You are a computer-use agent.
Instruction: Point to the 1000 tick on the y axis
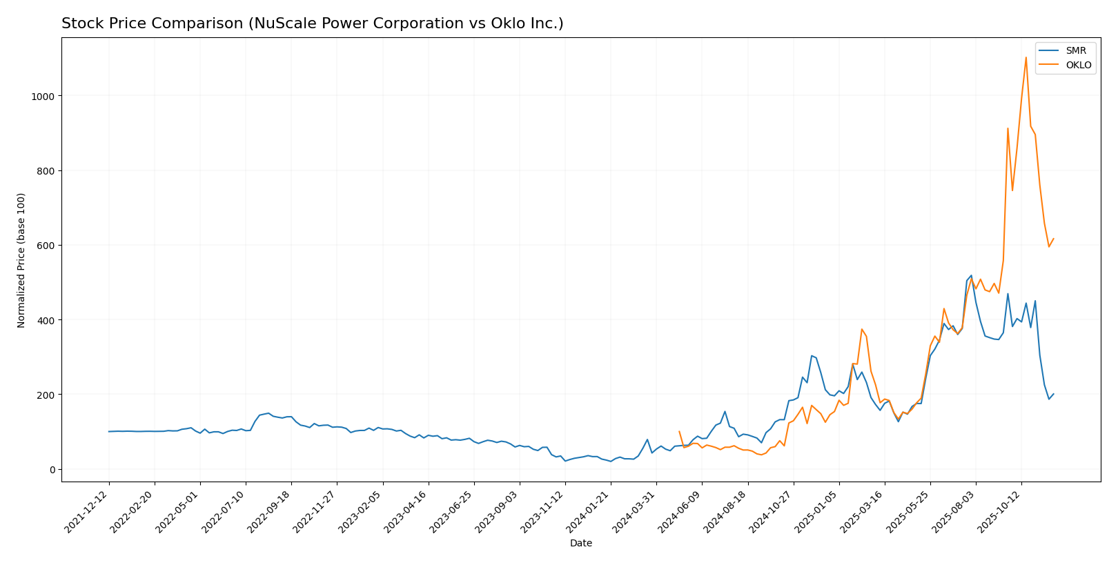pos(43,96)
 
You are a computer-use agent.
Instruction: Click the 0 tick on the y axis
pos(52,470)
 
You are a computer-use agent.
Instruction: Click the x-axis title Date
pos(580,544)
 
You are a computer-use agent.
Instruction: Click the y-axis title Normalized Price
pos(21,260)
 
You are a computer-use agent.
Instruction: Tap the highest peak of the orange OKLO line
pos(1026,57)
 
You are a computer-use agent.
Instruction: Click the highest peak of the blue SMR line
pos(971,275)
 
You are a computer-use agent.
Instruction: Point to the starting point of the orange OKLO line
pos(679,432)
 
